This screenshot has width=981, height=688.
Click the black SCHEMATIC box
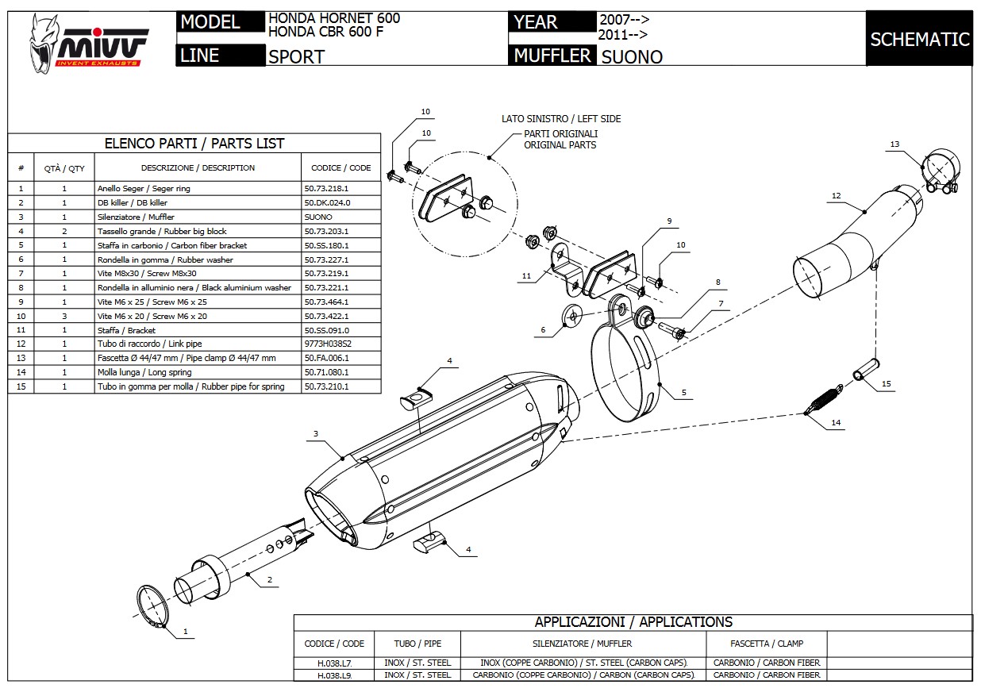(x=919, y=39)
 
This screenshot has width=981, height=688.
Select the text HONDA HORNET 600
(x=334, y=17)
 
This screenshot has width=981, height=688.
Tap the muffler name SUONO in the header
(x=631, y=56)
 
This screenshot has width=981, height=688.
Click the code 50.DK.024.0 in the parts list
(x=327, y=203)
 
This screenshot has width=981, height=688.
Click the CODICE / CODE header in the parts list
(x=341, y=168)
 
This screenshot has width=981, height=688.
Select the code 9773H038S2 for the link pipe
(x=328, y=344)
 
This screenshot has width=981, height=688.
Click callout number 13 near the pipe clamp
(x=894, y=144)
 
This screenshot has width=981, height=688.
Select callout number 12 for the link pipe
(x=836, y=195)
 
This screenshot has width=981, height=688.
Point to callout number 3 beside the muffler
(x=316, y=433)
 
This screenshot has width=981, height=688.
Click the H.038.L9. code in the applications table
(x=334, y=675)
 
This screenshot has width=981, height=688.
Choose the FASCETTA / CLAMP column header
(x=767, y=644)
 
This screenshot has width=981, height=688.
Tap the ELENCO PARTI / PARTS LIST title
(x=194, y=144)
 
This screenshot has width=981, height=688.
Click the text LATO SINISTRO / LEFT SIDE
(x=561, y=119)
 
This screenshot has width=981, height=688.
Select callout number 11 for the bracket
(x=528, y=275)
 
